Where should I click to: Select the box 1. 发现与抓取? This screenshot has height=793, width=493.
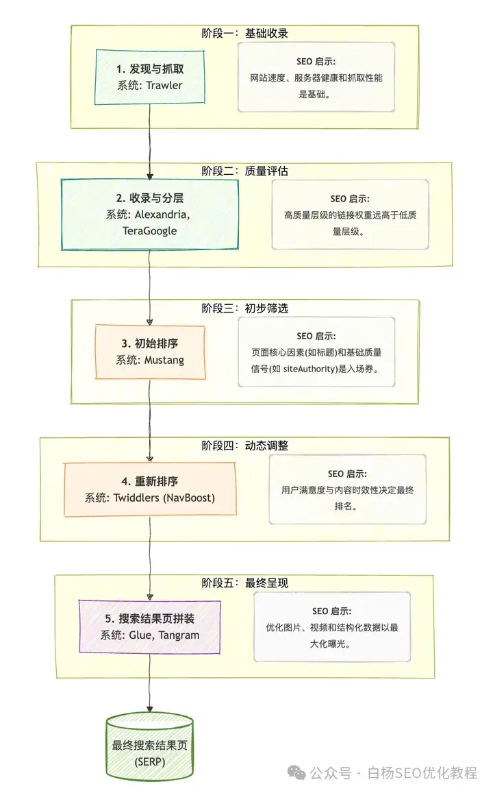(150, 77)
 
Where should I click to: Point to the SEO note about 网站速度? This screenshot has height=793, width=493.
(316, 77)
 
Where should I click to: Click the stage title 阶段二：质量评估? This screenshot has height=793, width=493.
(244, 171)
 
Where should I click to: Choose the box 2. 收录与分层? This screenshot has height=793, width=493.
(150, 214)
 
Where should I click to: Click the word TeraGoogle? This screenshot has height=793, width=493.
(149, 230)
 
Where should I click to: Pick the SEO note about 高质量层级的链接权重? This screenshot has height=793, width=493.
(350, 215)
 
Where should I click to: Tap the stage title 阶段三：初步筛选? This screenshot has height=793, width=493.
(244, 308)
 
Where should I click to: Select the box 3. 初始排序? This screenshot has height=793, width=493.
(150, 351)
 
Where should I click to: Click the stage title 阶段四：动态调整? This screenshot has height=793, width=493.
(244, 446)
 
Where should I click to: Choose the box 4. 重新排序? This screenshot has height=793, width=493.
(150, 489)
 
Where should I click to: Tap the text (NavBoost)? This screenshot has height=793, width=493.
(188, 498)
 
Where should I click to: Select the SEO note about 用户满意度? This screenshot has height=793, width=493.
(346, 489)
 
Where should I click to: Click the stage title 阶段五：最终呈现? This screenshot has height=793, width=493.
(244, 583)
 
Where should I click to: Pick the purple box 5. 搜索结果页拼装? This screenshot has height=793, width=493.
(150, 626)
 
